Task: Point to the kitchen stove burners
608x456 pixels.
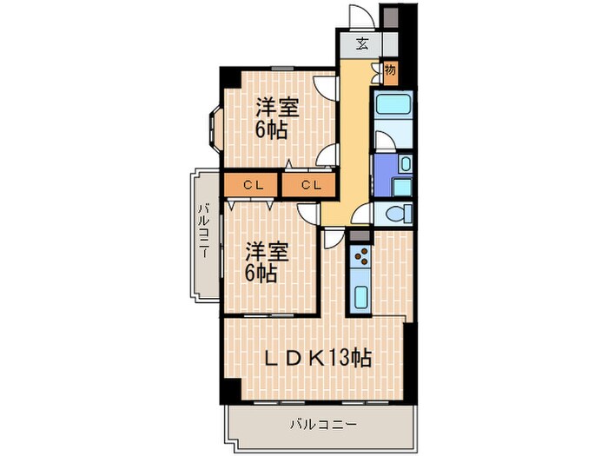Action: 361,259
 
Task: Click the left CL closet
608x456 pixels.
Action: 252,184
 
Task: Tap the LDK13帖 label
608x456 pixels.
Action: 318,357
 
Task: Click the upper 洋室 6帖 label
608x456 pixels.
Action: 276,120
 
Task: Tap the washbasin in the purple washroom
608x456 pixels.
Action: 404,163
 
